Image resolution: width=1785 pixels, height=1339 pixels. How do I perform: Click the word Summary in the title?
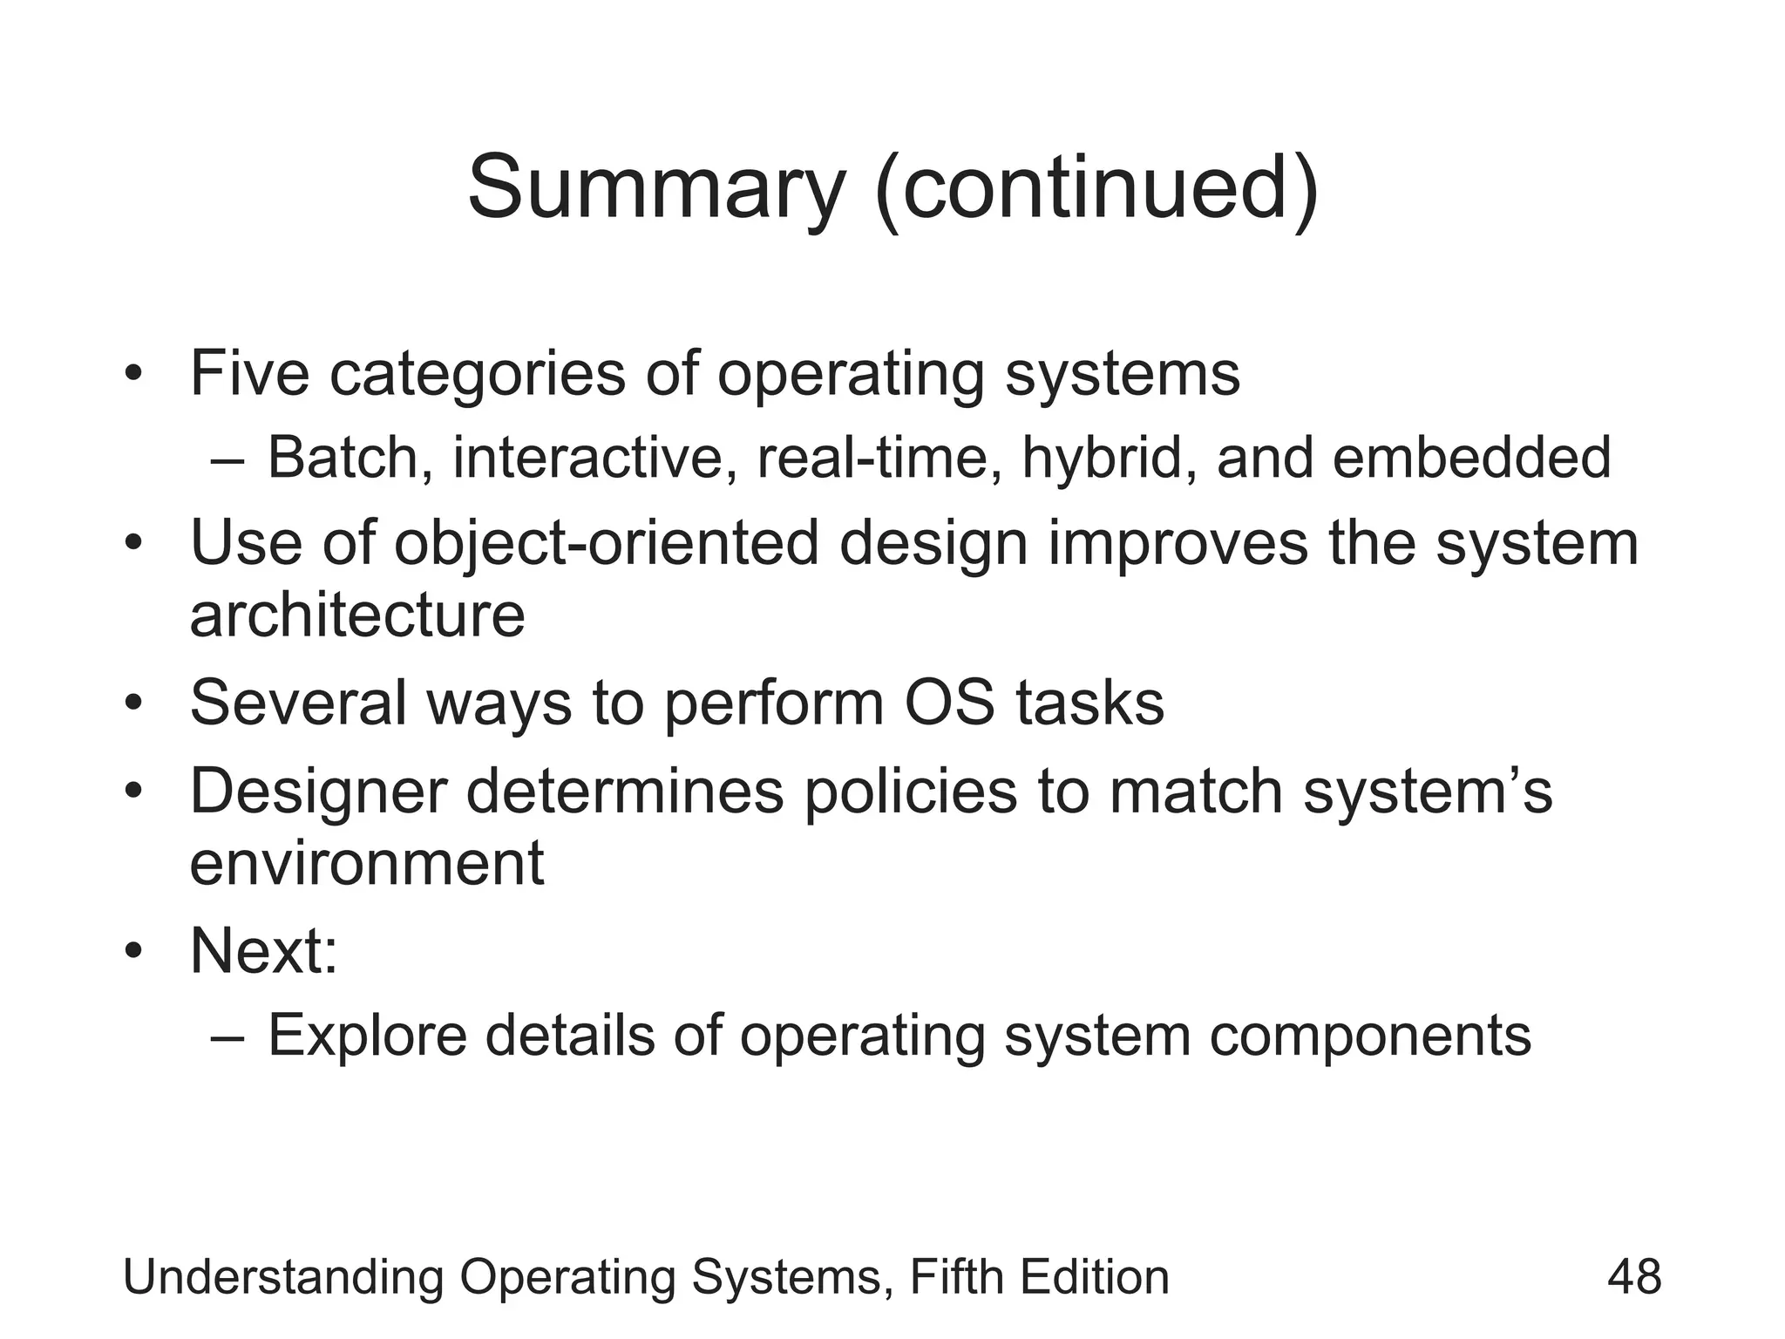656,189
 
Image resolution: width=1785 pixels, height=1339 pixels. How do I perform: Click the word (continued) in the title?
1097,189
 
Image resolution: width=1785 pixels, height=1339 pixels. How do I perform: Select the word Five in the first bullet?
249,373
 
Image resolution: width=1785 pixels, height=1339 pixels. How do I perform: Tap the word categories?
477,373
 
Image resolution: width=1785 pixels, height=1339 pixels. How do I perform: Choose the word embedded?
1471,458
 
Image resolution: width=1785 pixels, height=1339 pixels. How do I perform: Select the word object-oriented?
607,543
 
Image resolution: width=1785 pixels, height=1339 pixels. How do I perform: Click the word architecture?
357,615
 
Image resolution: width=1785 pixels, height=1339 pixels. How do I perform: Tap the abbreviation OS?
949,703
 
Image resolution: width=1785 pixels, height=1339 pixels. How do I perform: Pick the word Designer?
318,792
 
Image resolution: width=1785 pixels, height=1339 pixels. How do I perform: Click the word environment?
367,863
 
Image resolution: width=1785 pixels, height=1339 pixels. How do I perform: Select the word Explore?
366,1036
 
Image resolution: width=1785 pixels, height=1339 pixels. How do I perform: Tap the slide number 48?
1633,1278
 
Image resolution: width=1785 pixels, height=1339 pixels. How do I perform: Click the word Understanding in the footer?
283,1278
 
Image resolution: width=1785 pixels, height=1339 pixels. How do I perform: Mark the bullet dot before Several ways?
132,704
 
